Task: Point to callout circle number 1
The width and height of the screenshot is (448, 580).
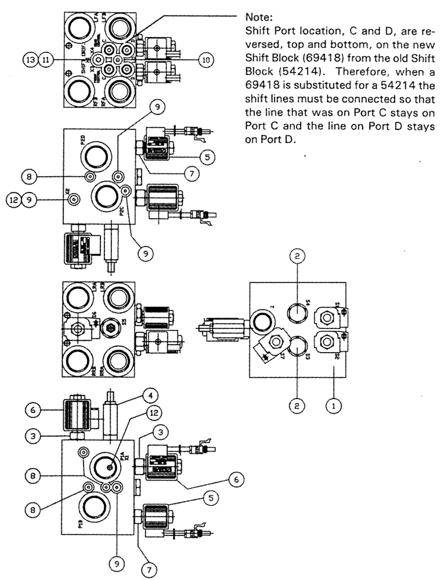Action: (x=333, y=407)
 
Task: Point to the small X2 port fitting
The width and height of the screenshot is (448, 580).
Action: (x=73, y=200)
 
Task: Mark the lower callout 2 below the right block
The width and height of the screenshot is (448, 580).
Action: (x=296, y=407)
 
